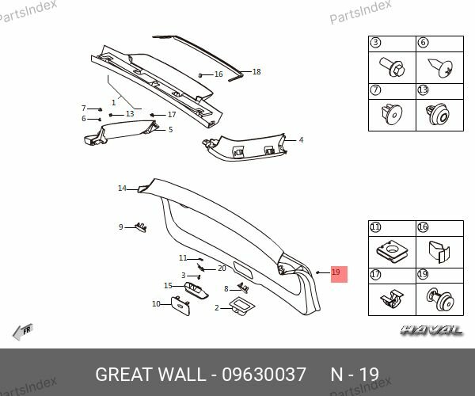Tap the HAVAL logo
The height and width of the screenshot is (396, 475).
coord(431,330)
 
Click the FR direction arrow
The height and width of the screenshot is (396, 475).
coord(23,332)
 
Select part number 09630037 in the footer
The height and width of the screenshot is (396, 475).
coord(264,374)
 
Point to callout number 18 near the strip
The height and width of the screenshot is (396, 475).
coord(256,72)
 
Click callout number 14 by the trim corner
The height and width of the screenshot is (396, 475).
coord(122,188)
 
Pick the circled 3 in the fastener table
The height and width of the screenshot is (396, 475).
coord(375,43)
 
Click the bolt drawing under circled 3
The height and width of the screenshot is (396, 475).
coord(393,67)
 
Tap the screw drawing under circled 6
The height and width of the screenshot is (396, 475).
coord(440,68)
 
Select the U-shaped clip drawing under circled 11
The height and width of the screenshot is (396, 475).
coord(393,252)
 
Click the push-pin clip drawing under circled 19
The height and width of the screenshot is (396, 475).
coord(440,299)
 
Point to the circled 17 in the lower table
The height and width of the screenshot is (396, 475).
coord(375,275)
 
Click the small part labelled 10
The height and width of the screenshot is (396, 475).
coord(180,307)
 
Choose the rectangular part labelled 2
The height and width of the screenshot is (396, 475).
coord(241,307)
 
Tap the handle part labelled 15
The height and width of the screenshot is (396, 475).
coord(196,290)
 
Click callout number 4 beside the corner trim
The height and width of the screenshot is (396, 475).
coord(301,140)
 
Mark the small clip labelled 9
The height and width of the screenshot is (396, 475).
coord(141,227)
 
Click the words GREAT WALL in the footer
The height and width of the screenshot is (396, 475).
coord(149,374)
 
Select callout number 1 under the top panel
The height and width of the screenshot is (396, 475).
coord(113,102)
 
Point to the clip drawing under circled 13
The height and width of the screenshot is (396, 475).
coord(438,115)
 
